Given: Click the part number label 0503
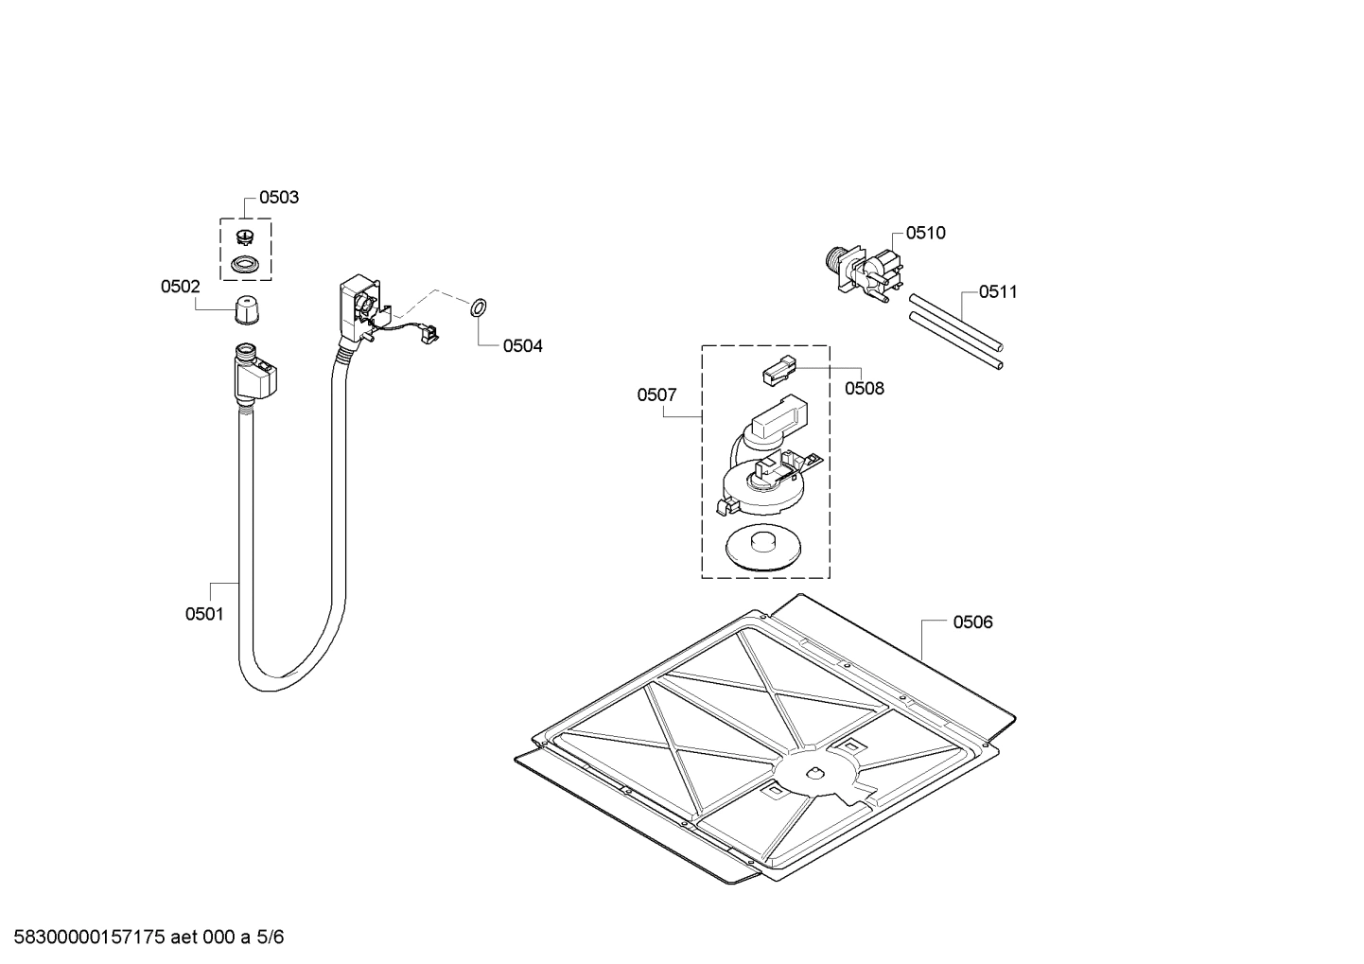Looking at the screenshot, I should tap(278, 198).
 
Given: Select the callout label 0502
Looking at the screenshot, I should tap(180, 286).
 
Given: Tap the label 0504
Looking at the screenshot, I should tap(522, 346).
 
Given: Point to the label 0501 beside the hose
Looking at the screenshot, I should tap(204, 614).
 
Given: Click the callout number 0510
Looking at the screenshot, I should tap(925, 233).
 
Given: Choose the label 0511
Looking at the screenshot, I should tap(998, 291).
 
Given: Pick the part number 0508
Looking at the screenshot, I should tap(864, 388).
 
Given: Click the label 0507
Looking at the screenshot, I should tap(656, 394).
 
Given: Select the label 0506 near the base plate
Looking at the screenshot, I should tap(972, 622).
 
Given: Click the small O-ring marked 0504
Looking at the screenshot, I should tap(478, 307).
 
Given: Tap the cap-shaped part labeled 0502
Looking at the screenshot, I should tap(246, 309).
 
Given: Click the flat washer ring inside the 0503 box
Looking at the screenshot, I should tap(245, 264).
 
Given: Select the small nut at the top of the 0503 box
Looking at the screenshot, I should tap(245, 236).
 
